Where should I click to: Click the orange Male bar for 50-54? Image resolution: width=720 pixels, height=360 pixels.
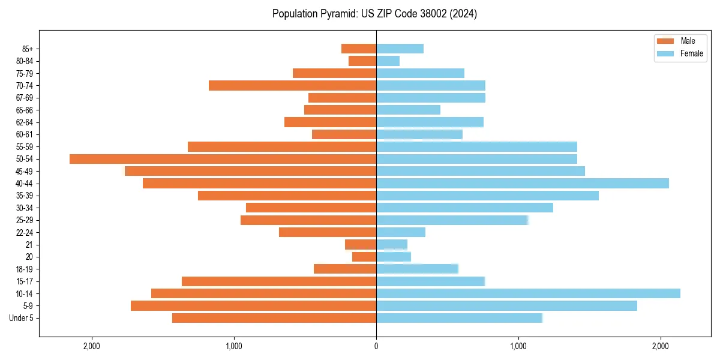pos(223,159)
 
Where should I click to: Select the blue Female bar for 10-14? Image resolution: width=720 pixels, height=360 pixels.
pos(528,293)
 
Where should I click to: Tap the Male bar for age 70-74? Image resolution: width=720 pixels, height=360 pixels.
pos(292,85)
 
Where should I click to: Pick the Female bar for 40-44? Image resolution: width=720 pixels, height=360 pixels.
pos(522,184)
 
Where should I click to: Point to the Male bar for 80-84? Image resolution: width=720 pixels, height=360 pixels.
pos(362,61)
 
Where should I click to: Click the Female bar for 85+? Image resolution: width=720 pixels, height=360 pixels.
pos(400,49)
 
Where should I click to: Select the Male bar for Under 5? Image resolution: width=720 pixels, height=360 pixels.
pos(274,318)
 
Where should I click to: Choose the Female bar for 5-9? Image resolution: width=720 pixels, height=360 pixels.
pos(506,306)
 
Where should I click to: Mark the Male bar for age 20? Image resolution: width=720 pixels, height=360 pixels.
pos(364,257)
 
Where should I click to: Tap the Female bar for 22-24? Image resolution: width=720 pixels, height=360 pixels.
pos(401,232)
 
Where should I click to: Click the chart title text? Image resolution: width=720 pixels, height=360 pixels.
pos(374,14)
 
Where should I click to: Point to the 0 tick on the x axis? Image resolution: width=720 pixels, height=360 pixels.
pos(376,346)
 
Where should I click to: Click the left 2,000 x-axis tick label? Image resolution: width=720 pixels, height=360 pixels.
pos(91,346)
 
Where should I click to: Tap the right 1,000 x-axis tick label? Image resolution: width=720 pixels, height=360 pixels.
pos(518,346)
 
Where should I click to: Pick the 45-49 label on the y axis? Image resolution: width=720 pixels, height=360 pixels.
pos(25,171)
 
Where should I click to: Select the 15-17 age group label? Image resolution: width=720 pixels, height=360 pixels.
pos(25,281)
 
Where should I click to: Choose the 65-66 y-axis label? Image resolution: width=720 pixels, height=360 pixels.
pos(25,110)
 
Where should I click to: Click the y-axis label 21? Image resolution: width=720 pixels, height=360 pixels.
pos(29,245)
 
